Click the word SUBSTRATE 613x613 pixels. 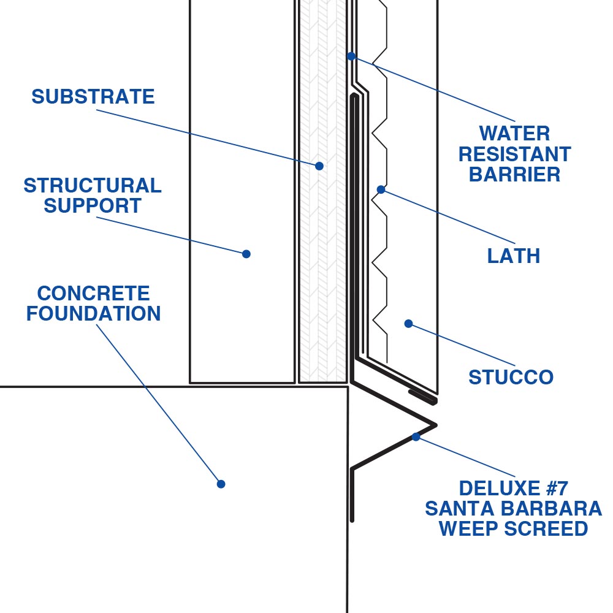[93, 97]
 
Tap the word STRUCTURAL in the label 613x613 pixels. [93, 185]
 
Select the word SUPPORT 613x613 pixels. [93, 206]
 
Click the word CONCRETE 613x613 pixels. [93, 293]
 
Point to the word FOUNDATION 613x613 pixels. [93, 314]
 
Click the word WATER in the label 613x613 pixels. [515, 133]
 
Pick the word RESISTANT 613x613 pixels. [515, 154]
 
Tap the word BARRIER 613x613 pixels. [515, 175]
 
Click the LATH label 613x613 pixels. [514, 256]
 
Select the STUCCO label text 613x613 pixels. [511, 377]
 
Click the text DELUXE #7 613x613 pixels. [514, 489]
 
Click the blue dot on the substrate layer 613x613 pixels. [319, 166]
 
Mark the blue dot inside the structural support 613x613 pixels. [246, 254]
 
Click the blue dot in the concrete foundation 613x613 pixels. [221, 484]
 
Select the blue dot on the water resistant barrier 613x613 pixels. [351, 56]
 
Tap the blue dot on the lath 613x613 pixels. [381, 189]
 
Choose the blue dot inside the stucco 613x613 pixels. [408, 324]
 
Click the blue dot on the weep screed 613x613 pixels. [416, 437]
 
